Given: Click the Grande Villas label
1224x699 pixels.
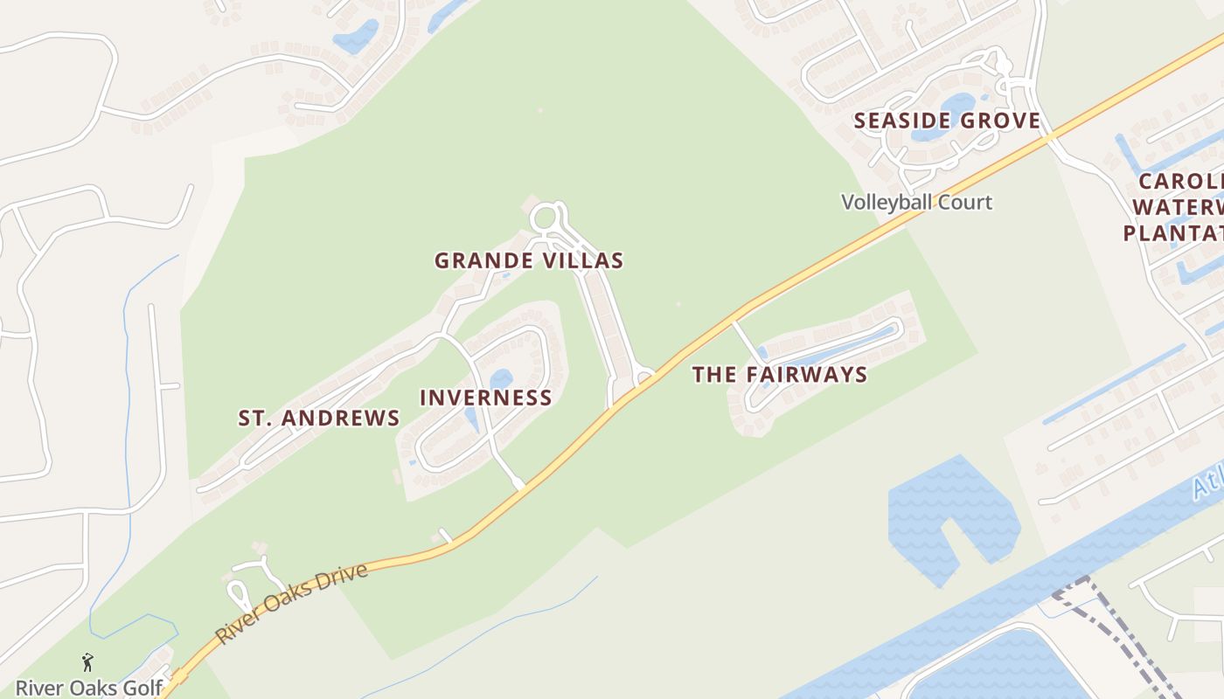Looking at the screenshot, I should coord(529,260).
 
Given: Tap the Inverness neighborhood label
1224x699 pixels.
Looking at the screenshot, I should coord(486,398).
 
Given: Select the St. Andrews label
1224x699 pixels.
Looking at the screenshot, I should coord(319,418).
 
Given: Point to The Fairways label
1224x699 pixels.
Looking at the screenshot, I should coord(780,375).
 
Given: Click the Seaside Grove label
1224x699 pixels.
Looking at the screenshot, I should coord(948,121).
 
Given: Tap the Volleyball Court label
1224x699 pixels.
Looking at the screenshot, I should coord(916,203).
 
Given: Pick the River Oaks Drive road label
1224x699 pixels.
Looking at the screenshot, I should coord(292,603).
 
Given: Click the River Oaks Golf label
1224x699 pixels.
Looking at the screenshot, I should coord(89,688).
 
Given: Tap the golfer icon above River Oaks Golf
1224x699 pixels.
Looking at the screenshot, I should coord(87,662).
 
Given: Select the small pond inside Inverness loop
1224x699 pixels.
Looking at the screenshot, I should coord(500,379).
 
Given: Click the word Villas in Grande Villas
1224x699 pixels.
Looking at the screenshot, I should coord(588,260).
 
